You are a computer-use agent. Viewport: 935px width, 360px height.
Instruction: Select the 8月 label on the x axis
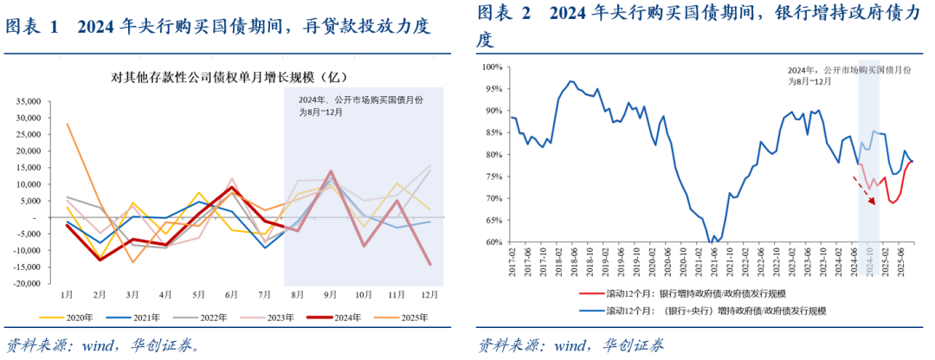(x=296, y=294)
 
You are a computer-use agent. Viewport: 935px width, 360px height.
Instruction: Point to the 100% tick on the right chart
(x=493, y=67)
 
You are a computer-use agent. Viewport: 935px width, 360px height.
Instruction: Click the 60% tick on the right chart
(x=494, y=243)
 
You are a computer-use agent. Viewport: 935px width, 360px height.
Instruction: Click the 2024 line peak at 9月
(x=330, y=171)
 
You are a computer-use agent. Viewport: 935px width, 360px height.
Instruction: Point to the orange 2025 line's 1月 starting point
(x=68, y=124)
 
